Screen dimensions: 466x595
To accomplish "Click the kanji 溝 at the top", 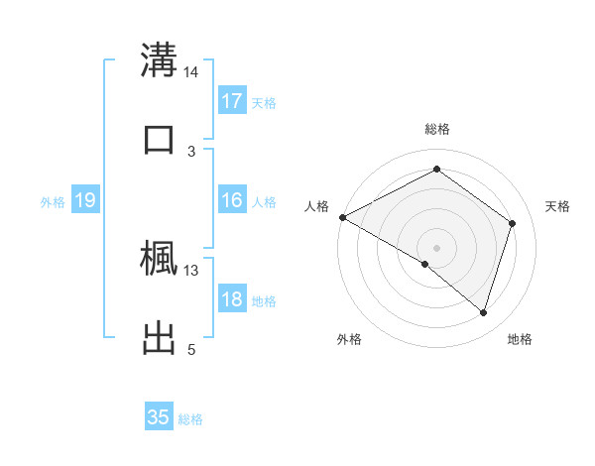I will pos(159,58).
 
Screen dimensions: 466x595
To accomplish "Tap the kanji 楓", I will pos(159,257).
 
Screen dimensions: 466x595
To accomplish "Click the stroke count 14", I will pos(191,72).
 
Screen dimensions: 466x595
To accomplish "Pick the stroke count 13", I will pos(191,270).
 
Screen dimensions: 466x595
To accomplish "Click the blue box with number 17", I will pos(232,101).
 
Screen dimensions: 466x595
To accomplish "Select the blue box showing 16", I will pos(232,200).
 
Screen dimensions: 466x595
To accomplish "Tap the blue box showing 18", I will pos(232,299).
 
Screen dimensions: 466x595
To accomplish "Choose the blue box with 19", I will pos(85,200).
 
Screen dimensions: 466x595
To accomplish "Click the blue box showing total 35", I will pos(159,417).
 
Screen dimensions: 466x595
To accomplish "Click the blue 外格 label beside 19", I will pos(53,201).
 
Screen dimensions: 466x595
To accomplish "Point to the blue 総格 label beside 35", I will pos(190,418).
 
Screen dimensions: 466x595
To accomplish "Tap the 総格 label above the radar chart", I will pos(437,129).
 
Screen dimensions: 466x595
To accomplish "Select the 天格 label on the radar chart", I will pos(558,206).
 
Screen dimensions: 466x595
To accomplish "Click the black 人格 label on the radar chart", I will pos(316,206).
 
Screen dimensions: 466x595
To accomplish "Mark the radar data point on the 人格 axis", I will pos(342,217).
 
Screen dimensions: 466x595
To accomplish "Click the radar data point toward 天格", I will pos(513,223).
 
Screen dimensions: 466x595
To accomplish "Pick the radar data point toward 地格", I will pos(483,312).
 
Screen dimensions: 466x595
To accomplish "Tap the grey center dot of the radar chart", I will pos(436,247).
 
